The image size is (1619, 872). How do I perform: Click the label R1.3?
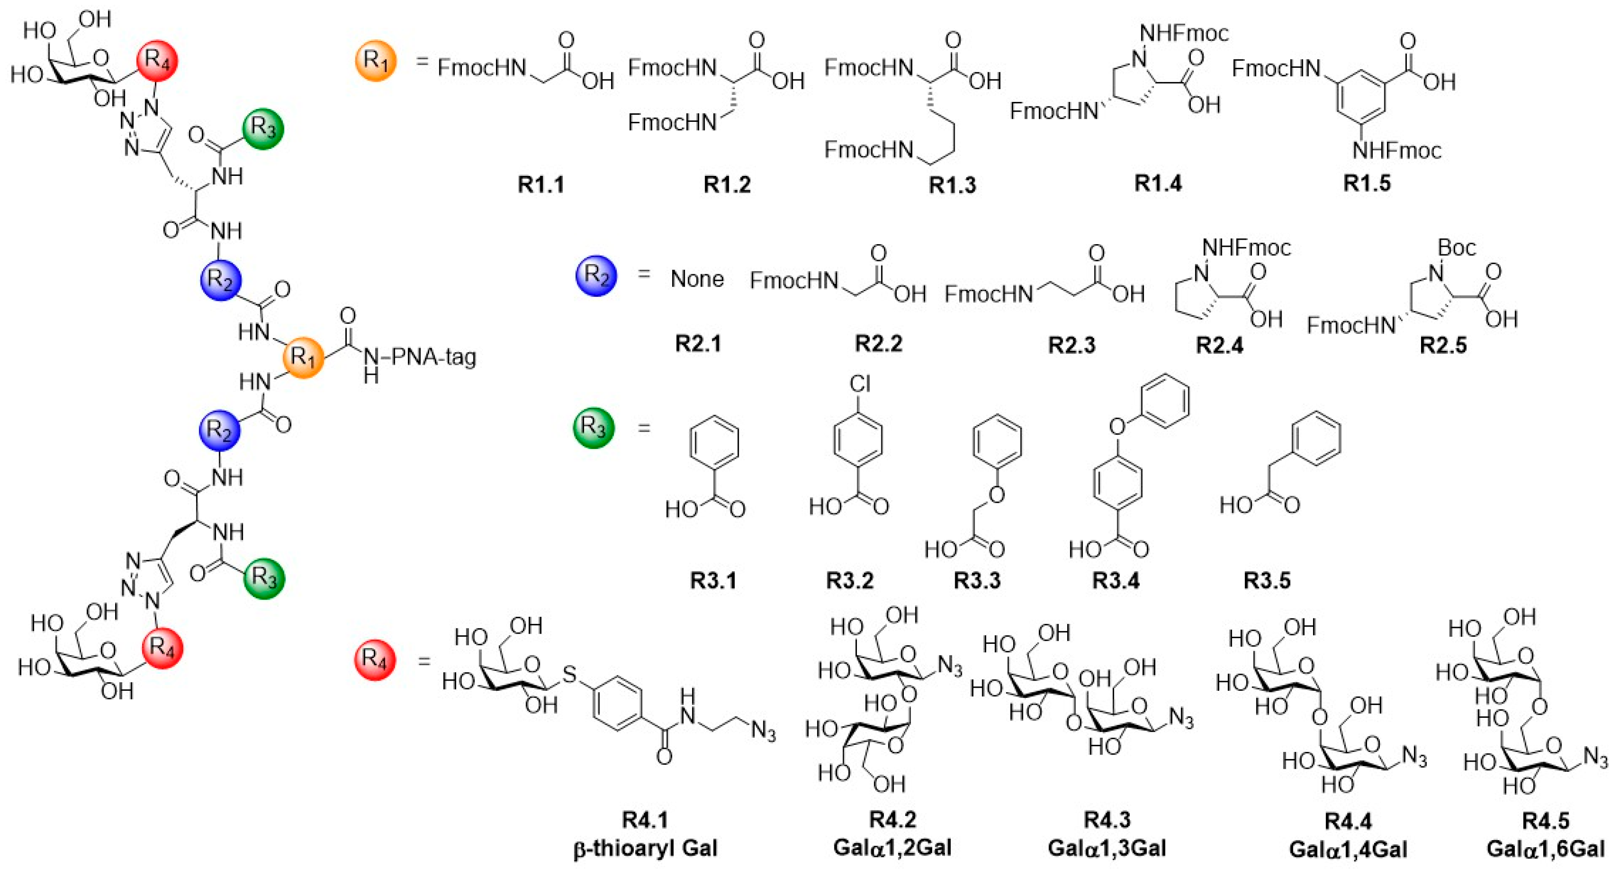point(952,186)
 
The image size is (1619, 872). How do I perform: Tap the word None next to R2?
point(697,279)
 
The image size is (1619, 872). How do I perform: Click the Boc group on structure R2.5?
point(1456,248)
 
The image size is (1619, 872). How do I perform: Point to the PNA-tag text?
point(434,357)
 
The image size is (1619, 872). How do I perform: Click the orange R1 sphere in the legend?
point(376,61)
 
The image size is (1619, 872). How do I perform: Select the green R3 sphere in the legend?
point(593,428)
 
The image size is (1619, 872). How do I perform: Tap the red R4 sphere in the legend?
point(375,659)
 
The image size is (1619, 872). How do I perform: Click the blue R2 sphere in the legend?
point(596,275)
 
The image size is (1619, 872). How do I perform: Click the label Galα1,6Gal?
point(1545,849)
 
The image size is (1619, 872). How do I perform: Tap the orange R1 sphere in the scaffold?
point(303,358)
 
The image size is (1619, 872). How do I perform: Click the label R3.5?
point(1267,580)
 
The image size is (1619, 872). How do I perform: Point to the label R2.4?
point(1219,345)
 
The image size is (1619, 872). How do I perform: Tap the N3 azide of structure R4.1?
point(763,732)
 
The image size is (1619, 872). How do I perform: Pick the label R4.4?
point(1348,821)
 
